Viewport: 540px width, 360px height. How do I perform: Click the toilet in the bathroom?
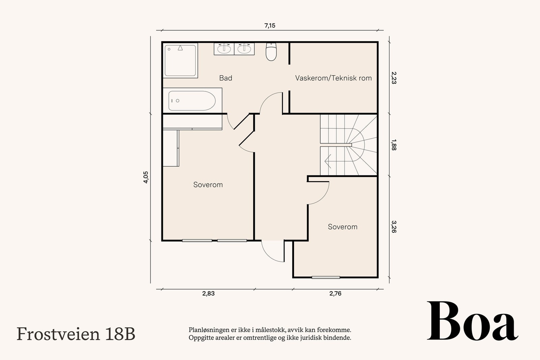click(x=271, y=52)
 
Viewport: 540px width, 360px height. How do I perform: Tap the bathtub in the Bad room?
click(x=192, y=101)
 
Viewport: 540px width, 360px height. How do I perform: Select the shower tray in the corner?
click(x=180, y=60)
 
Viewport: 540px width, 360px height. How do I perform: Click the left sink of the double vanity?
click(x=224, y=49)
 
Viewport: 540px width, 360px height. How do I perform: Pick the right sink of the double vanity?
click(x=244, y=49)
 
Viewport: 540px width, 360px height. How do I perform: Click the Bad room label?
click(x=226, y=78)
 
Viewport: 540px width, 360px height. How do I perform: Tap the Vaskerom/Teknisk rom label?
click(x=333, y=78)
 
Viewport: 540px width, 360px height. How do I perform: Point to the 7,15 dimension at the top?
click(x=270, y=26)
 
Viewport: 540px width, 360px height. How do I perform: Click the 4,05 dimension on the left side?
click(x=146, y=177)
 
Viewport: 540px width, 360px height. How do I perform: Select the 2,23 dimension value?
click(x=394, y=78)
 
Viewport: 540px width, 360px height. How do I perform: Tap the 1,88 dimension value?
click(x=394, y=145)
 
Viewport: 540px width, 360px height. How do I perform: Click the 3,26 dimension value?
click(x=394, y=227)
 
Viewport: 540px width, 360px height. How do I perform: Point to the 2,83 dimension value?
click(x=208, y=294)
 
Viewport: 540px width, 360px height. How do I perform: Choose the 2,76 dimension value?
click(x=335, y=294)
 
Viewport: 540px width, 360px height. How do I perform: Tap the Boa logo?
click(x=473, y=321)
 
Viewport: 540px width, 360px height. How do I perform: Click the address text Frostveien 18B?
click(x=76, y=334)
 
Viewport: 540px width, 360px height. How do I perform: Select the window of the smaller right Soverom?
click(x=326, y=277)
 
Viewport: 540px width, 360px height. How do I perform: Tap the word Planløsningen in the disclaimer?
click(x=206, y=330)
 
